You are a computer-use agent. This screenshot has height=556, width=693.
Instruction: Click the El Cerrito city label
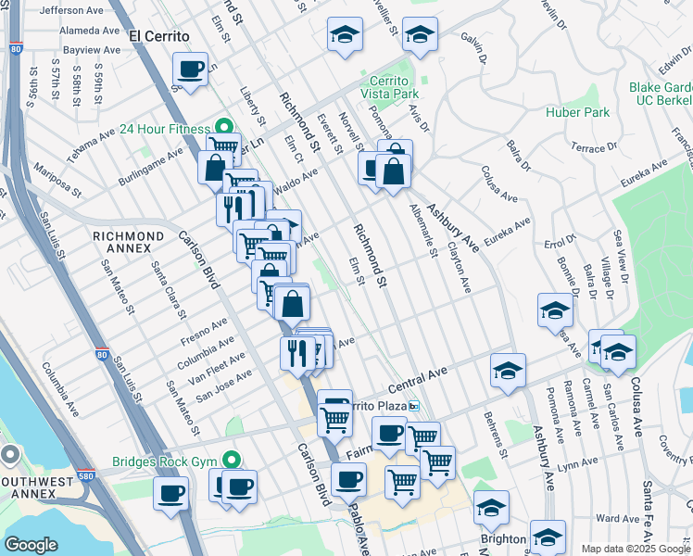(x=159, y=35)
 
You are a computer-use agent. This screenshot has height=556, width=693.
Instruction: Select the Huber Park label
(x=583, y=112)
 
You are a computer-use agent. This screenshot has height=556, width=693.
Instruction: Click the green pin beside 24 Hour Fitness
(x=222, y=127)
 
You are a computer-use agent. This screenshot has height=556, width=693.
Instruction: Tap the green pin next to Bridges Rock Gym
(x=236, y=460)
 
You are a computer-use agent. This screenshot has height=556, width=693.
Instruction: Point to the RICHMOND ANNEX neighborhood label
(x=122, y=242)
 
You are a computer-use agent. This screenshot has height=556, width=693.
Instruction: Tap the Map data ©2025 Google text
(x=636, y=549)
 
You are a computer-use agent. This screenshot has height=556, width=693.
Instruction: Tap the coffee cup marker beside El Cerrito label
(x=190, y=70)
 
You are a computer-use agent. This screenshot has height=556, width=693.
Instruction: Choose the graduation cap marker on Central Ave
(x=508, y=371)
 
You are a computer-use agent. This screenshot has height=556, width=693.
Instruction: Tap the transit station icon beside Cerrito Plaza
(x=415, y=406)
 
